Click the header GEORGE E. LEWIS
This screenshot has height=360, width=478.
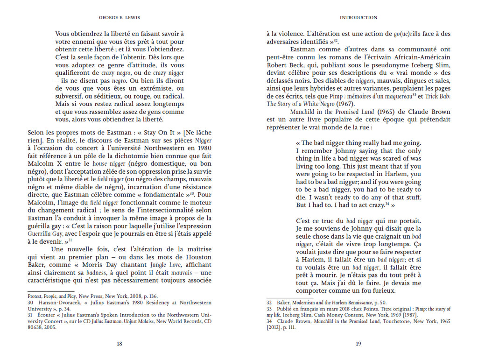click(x=119, y=18)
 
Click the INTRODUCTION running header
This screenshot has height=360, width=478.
click(x=358, y=18)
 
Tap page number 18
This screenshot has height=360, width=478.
click(x=119, y=344)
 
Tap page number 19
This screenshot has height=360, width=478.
click(x=358, y=344)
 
